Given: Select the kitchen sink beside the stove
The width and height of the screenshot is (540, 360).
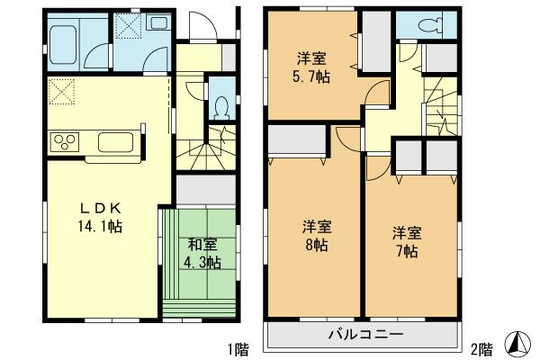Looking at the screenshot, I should tap(114, 142).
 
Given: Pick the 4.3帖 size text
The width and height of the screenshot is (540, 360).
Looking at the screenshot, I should tap(203, 262).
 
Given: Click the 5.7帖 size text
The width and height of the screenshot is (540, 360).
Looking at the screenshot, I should tap(312, 77).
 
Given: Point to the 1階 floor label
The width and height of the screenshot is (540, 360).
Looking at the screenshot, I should tap(238, 347).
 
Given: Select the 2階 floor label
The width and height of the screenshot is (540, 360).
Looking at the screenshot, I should tap(481, 347).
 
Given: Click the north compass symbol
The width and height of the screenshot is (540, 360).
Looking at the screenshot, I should tap(519, 342).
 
